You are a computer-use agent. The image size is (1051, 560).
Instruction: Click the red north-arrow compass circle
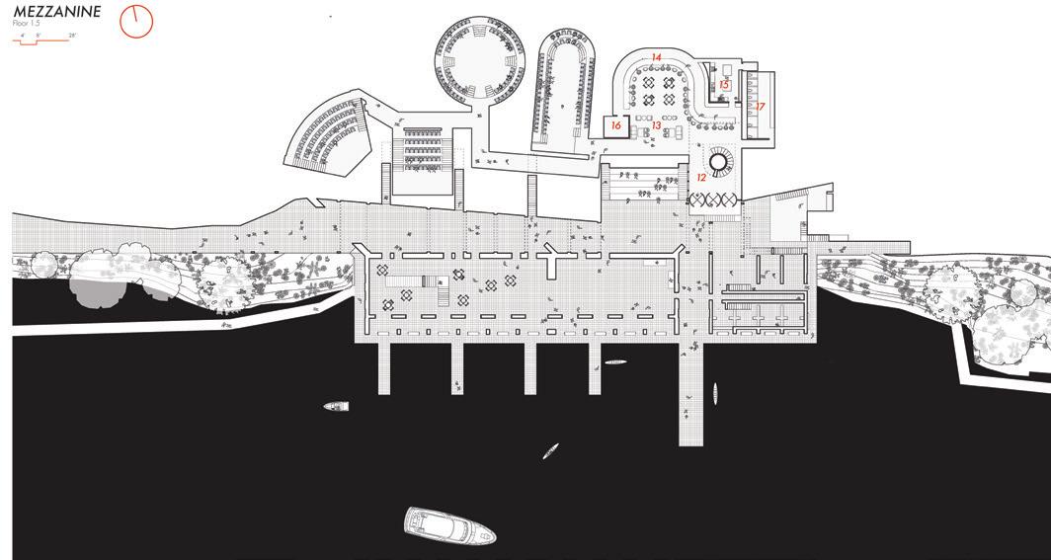click(x=136, y=21)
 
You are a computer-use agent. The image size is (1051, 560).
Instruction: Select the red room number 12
click(x=701, y=177)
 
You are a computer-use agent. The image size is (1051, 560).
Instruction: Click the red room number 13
click(x=655, y=125)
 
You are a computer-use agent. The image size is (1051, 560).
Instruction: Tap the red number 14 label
click(x=656, y=57)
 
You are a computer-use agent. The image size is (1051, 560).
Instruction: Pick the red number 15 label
click(x=723, y=85)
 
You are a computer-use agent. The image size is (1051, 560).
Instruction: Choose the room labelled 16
click(x=616, y=125)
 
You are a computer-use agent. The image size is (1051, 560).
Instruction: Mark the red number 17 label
click(x=760, y=106)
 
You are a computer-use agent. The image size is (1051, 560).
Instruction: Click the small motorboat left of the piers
click(x=337, y=406)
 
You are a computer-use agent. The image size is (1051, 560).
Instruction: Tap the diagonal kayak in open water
click(x=550, y=451)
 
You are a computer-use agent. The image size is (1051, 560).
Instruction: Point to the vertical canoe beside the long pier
click(x=714, y=395)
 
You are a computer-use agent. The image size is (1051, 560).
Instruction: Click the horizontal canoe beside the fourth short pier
click(x=615, y=362)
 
